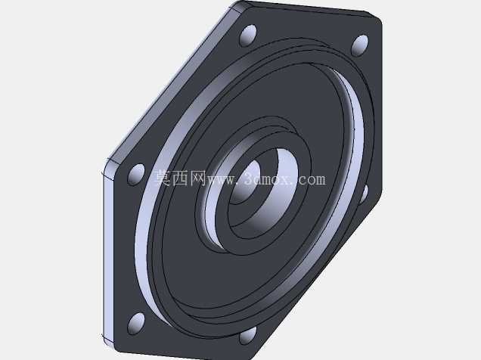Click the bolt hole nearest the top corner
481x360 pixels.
[248, 36]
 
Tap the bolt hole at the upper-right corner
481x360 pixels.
[360, 45]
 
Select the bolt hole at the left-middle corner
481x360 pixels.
[136, 174]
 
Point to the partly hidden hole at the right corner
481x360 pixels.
[364, 194]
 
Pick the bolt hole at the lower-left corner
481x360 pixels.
[136, 323]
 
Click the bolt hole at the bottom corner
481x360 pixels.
[247, 335]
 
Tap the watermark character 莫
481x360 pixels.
[163, 178]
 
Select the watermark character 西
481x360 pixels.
[180, 178]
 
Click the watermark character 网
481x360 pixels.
[197, 178]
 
